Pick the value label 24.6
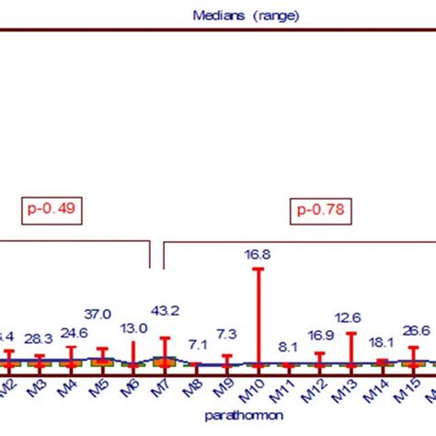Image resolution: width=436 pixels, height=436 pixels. click(71, 334)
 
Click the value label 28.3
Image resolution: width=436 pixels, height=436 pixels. click(39, 339)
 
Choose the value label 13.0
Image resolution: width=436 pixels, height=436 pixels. click(133, 328)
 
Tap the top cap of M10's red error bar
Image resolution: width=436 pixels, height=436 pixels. click(258, 269)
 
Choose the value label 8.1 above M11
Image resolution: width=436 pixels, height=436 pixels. click(287, 347)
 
